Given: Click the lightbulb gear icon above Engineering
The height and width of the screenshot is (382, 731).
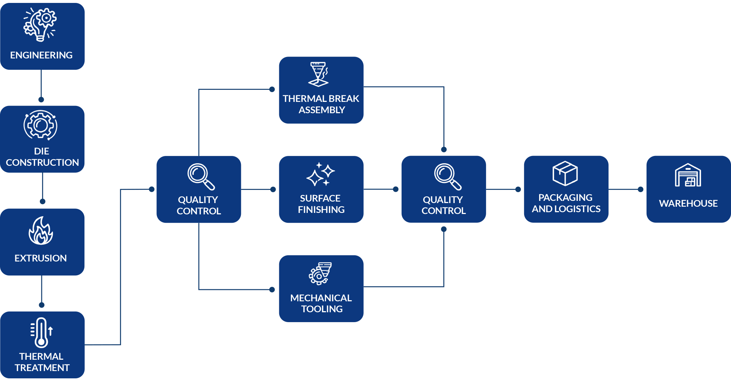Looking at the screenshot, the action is (x=40, y=24).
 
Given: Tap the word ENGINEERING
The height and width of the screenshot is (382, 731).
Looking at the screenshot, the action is (x=41, y=55).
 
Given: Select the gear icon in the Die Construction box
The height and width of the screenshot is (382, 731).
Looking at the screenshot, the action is (x=41, y=125).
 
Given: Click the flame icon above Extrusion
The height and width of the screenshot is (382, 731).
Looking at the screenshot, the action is (x=41, y=230).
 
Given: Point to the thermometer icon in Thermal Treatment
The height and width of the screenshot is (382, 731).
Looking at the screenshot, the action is (x=42, y=332).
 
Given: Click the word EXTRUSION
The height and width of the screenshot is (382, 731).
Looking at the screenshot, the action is (x=41, y=258).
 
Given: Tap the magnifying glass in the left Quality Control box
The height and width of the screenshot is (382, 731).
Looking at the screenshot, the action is (x=201, y=177).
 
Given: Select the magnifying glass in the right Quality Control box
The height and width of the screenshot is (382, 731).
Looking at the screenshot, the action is (x=448, y=177).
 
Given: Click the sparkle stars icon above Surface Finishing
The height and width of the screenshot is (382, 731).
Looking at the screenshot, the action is (x=321, y=174).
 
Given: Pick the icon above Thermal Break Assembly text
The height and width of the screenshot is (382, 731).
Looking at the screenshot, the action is (x=319, y=74).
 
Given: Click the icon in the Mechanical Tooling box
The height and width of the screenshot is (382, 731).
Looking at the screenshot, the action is (x=320, y=274).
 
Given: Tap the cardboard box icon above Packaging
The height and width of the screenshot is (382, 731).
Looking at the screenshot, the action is (x=565, y=173).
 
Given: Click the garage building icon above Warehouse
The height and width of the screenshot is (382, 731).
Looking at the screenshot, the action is (x=688, y=175).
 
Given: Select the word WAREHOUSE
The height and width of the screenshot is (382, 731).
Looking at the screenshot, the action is (x=688, y=203).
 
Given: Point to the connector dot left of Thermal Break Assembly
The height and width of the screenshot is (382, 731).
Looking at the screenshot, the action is (x=272, y=89).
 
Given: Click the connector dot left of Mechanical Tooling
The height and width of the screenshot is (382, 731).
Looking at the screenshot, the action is (x=272, y=290).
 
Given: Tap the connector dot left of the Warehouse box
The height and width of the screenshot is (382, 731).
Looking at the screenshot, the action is (x=640, y=190).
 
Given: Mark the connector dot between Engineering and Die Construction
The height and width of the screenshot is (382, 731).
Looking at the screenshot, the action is (x=41, y=100).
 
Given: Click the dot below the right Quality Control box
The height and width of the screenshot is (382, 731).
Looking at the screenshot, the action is (x=444, y=229).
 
